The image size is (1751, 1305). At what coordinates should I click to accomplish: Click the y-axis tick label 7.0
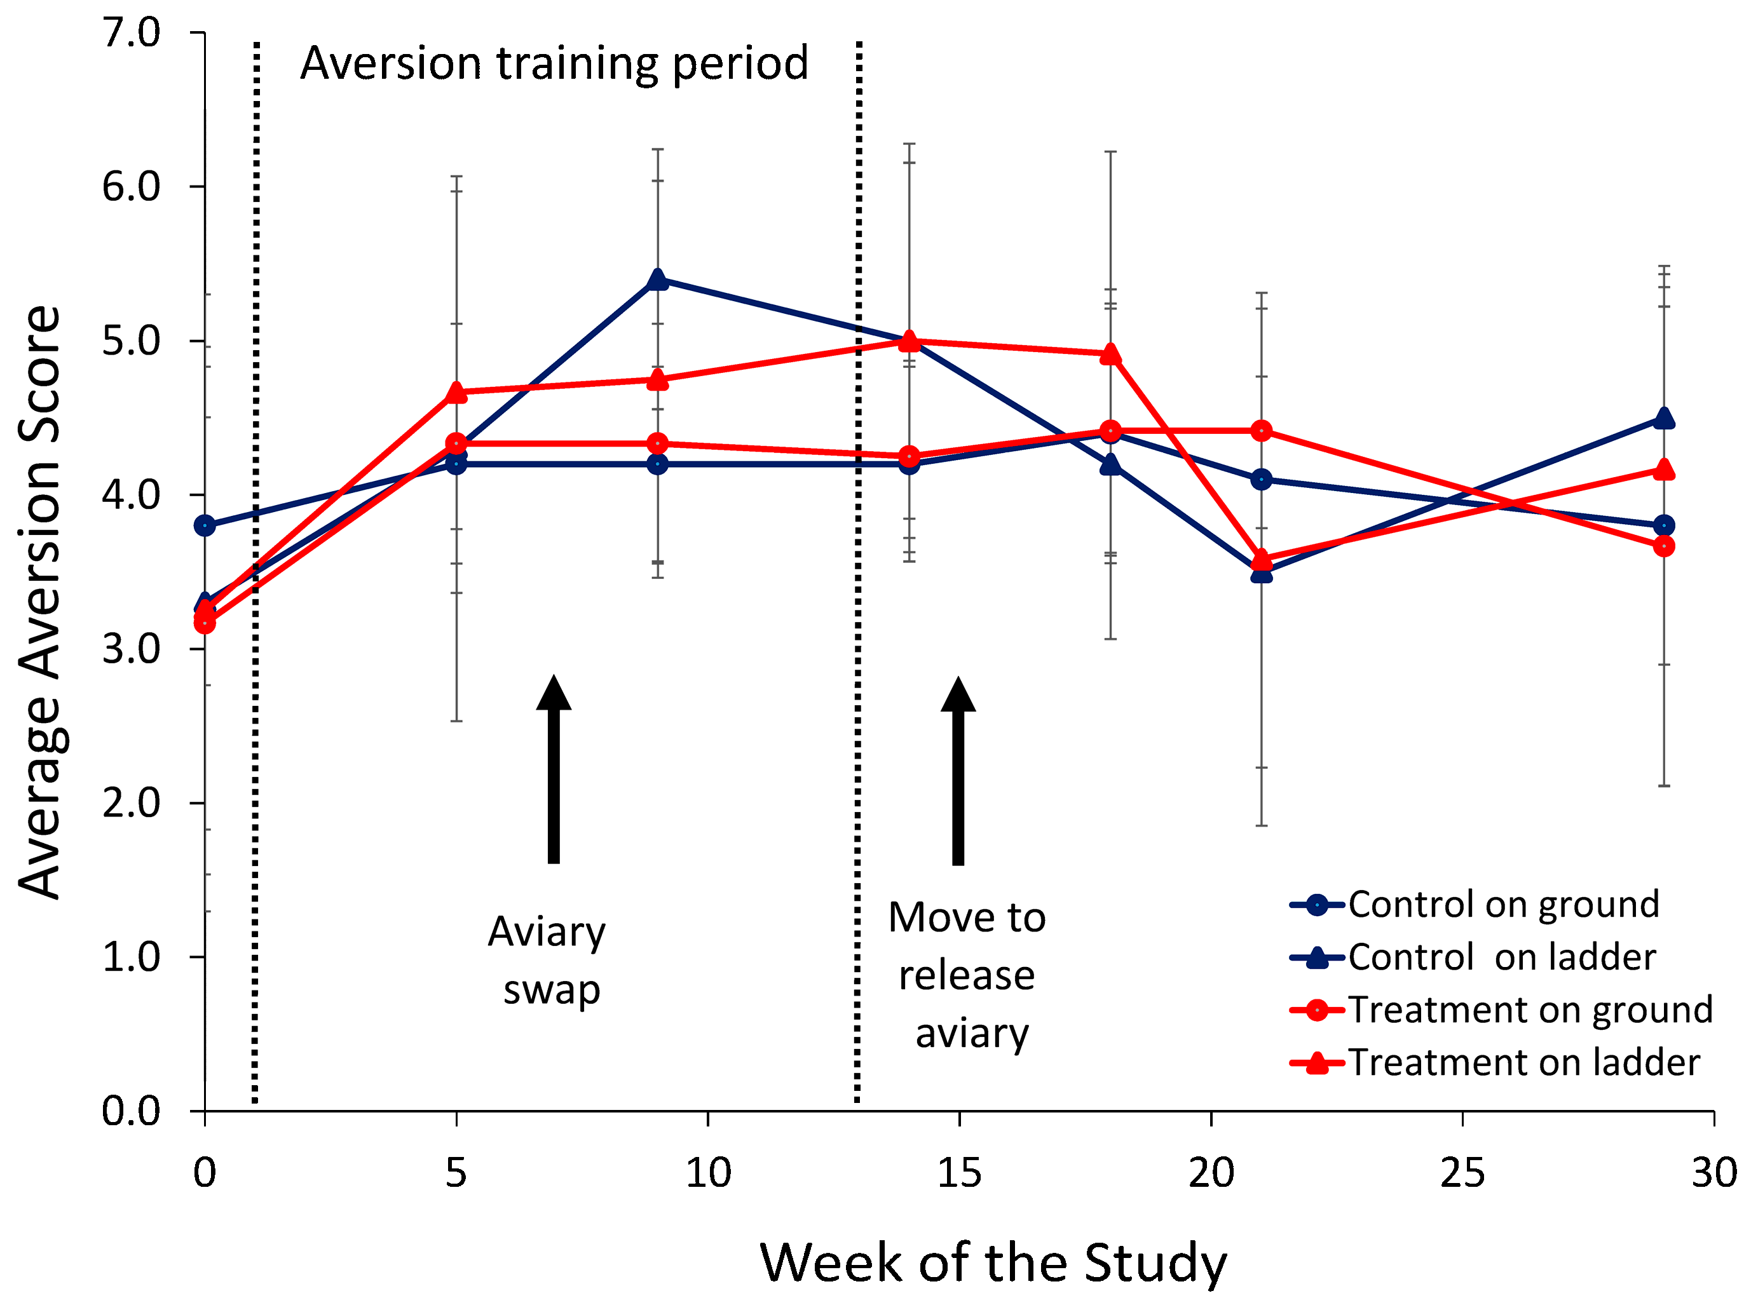point(131,32)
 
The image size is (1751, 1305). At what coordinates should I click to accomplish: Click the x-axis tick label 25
point(1462,1173)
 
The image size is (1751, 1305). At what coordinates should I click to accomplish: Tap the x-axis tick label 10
point(708,1173)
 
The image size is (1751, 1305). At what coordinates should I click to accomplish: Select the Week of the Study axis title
point(993,1262)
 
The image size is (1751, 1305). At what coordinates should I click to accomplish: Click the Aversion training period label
point(555,63)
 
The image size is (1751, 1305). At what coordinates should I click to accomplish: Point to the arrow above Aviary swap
point(554,769)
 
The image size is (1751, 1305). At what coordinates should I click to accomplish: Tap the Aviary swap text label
point(547,961)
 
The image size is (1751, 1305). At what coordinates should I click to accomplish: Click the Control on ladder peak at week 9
point(657,280)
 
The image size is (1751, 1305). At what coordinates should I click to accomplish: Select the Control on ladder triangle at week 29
point(1664,418)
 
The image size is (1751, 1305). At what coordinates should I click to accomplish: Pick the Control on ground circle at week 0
point(205,525)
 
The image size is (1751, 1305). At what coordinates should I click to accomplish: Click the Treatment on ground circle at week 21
point(1262,431)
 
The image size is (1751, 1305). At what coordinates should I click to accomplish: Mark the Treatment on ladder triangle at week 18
point(1111,354)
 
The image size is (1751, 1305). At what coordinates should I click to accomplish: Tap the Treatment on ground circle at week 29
point(1664,546)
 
